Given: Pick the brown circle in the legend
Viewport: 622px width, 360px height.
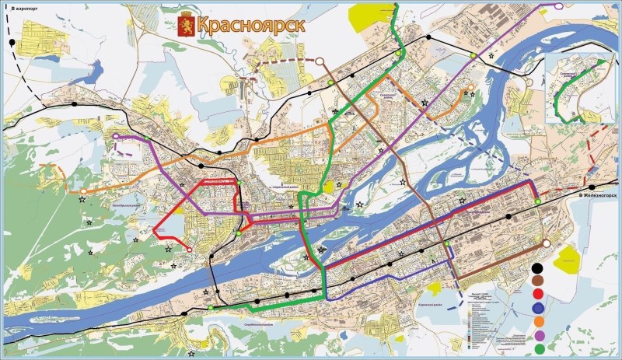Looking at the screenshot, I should point(538,281).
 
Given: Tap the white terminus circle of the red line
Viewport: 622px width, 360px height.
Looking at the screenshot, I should point(188,249).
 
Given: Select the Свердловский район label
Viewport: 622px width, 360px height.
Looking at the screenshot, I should point(255,323).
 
